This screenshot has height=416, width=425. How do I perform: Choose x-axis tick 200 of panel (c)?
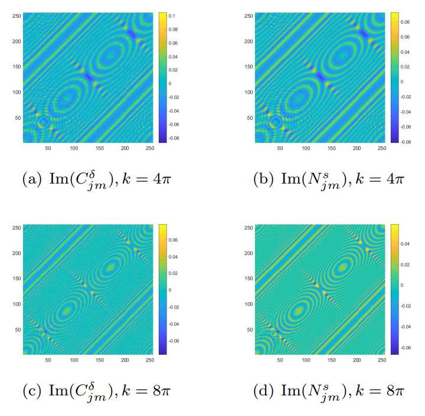[125, 359]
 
